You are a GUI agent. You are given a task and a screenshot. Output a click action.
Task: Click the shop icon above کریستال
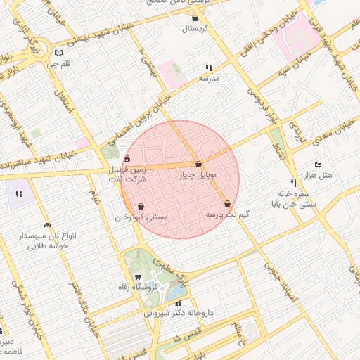pos(195,18)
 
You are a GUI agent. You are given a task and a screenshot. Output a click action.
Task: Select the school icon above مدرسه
pos(209,67)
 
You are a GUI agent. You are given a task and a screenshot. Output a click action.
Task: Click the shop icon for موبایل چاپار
pos(199,164)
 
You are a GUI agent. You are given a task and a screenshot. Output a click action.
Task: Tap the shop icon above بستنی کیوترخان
pos(142,207)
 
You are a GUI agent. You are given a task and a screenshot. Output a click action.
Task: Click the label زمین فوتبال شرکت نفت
pos(127,174)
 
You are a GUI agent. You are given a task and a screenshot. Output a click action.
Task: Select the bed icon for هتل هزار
pos(318,164)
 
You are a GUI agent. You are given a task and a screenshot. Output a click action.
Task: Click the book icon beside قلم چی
pos(58,53)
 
